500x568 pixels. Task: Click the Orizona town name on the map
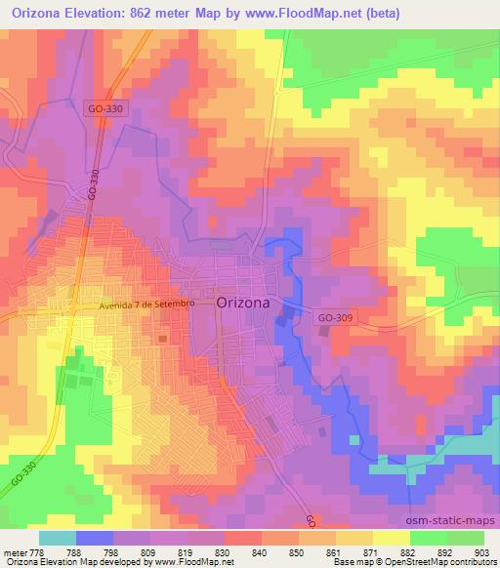243,303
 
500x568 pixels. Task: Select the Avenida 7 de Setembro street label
147,304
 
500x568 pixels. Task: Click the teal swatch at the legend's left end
57,538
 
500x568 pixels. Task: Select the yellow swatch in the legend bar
392,538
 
